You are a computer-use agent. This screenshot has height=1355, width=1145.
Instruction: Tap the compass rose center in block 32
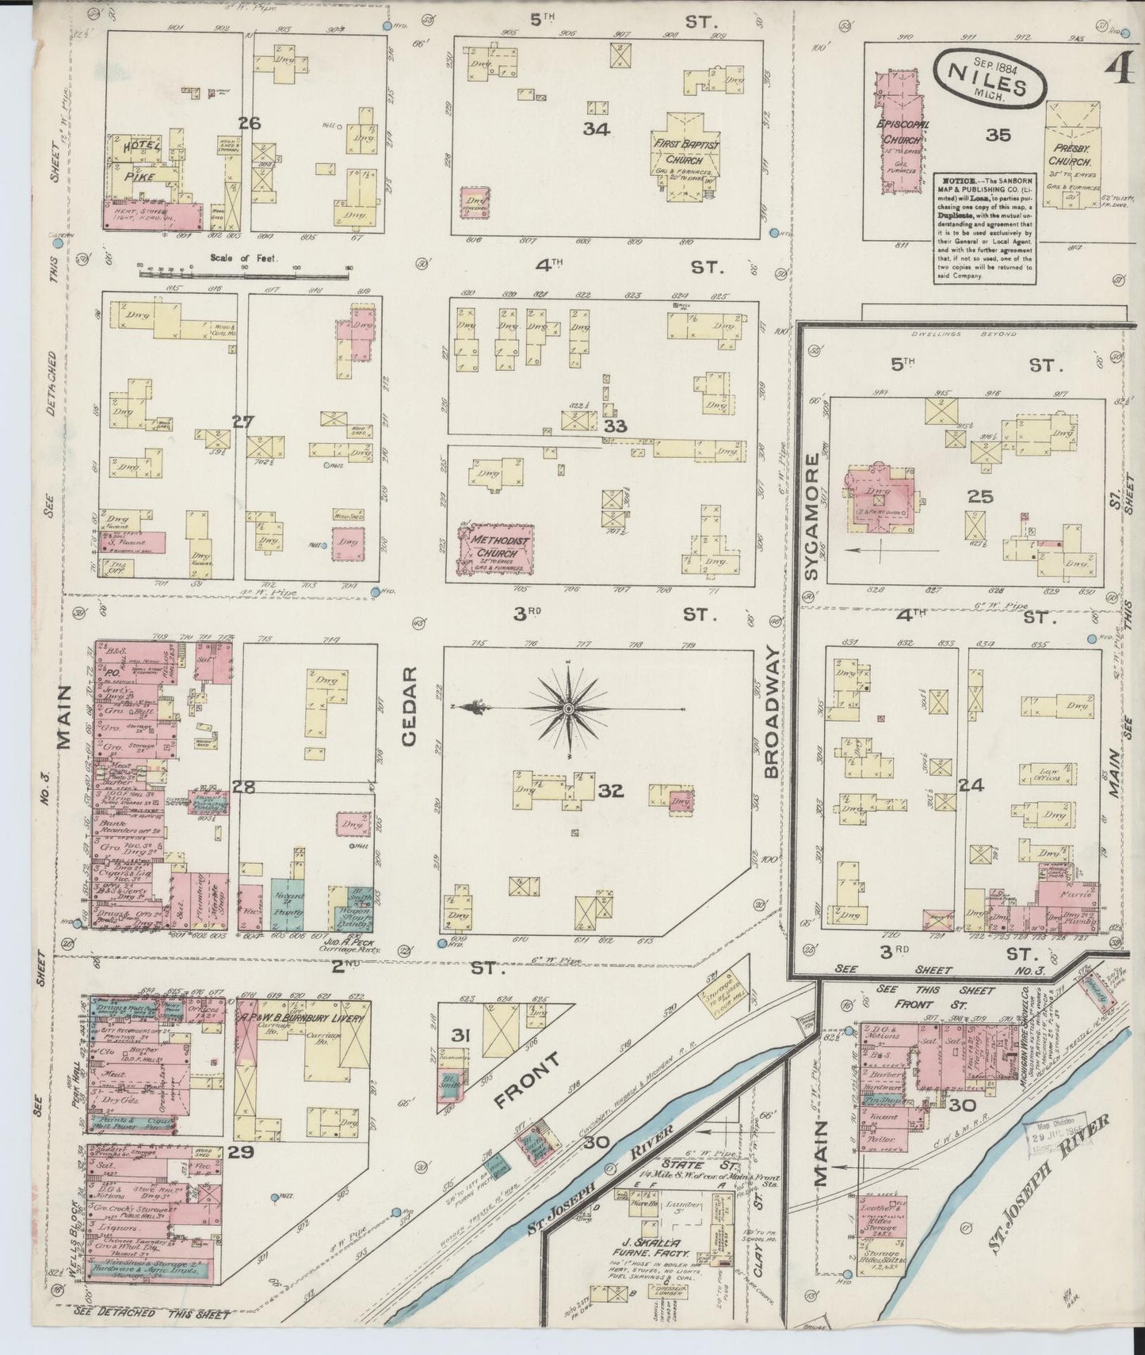(568, 708)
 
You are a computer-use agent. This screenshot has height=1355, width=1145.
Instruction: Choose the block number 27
(242, 421)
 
